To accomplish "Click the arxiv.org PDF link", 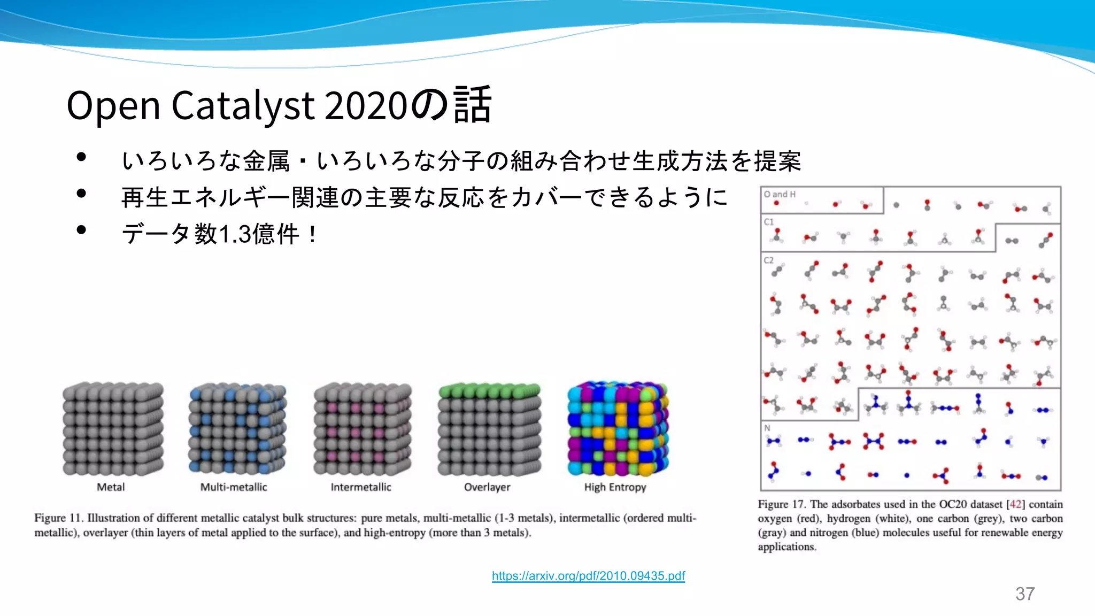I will tap(588, 576).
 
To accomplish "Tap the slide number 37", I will tap(1025, 594).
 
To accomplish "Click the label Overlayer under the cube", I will tap(487, 487).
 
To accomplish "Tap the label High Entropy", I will tap(615, 487).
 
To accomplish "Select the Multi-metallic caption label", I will tap(234, 487).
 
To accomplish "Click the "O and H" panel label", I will tap(780, 194).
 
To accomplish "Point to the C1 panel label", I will tap(769, 222).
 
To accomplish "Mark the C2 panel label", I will tap(769, 260).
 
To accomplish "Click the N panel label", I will tap(767, 428).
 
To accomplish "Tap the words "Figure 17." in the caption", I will tap(781, 504).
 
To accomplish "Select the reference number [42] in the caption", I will tap(1016, 504).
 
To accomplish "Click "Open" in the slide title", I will tap(113, 105).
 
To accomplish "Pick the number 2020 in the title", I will tap(366, 105).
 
